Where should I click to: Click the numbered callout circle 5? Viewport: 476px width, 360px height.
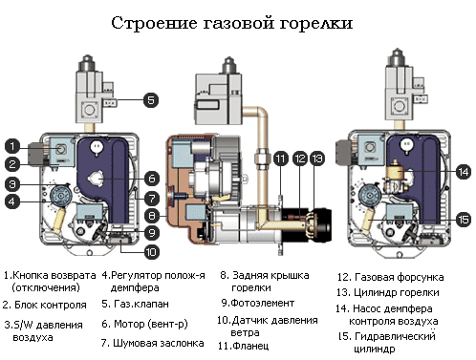tap(151, 100)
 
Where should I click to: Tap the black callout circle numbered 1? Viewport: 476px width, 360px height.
tap(12, 146)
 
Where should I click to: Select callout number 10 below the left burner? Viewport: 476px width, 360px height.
tap(151, 252)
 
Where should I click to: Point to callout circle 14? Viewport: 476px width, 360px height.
tap(463, 172)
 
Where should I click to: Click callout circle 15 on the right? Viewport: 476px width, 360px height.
tap(463, 220)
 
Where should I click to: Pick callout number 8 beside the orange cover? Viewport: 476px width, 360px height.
tap(152, 216)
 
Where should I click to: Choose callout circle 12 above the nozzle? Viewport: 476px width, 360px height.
tap(300, 159)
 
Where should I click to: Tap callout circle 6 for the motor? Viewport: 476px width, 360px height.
tap(152, 179)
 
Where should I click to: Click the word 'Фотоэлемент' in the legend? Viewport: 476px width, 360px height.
tap(262, 303)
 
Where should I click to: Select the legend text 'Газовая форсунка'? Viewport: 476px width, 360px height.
tap(400, 277)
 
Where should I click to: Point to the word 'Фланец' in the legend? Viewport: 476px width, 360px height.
tap(250, 346)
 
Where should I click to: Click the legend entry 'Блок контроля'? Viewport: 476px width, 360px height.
tap(51, 305)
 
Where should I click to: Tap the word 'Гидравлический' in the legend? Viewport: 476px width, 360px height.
tap(395, 336)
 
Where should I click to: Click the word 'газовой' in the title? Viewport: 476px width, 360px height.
tap(239, 23)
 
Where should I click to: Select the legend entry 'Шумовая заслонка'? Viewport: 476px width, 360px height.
tap(159, 343)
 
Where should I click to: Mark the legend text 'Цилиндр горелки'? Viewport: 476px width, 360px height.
tap(397, 292)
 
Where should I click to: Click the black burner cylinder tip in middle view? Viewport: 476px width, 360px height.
tap(322, 225)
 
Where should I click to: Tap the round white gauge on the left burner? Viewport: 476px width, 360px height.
tap(97, 147)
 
